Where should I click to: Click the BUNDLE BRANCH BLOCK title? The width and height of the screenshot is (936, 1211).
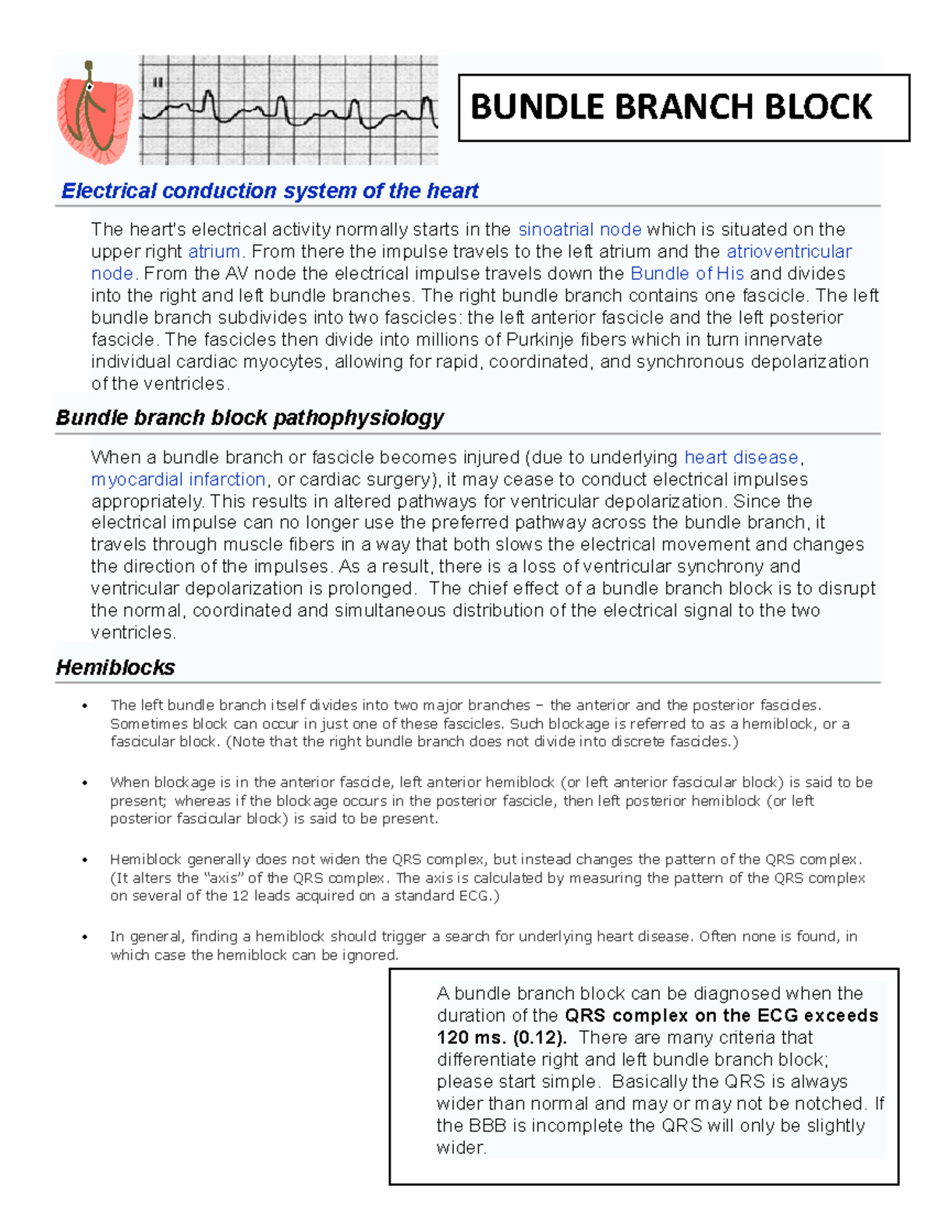671,107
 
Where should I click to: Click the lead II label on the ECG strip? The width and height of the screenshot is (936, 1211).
158,83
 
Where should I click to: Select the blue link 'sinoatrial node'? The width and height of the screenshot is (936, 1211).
580,229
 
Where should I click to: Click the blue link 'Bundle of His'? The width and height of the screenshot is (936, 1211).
686,274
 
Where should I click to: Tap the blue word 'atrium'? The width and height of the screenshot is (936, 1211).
214,252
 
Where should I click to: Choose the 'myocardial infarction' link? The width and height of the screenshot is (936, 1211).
179,479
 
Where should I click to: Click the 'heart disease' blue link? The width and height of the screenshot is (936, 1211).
741,457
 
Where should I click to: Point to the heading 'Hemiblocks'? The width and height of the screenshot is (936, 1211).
115,667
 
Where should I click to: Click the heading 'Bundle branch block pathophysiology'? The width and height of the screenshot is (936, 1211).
250,418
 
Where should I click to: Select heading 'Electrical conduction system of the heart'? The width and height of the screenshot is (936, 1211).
270,191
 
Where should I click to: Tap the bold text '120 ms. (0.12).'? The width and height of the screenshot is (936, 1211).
502,1038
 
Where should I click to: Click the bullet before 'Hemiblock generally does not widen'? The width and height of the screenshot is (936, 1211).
85,860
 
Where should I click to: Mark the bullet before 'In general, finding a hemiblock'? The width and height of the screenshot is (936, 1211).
85,937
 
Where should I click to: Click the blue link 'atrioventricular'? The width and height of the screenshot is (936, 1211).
789,252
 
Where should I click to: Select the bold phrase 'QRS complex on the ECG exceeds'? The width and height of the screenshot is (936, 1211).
721,1015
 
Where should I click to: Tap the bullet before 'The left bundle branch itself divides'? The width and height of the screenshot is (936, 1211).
85,706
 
